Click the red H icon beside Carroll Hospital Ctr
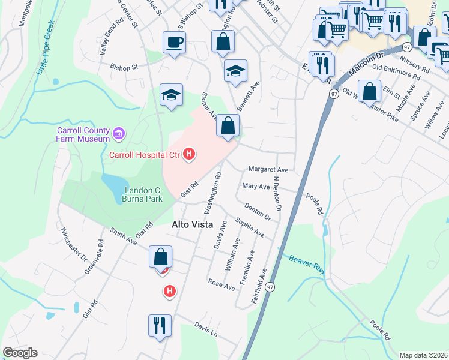pyautogui.click(x=190, y=155)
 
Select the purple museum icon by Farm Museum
pyautogui.click(x=119, y=132)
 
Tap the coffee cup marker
pyautogui.click(x=174, y=43)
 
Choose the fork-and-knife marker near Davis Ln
pyautogui.click(x=160, y=326)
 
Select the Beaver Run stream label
pyautogui.click(x=306, y=264)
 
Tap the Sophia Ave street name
pyautogui.click(x=250, y=227)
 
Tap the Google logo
pyautogui.click(x=20, y=353)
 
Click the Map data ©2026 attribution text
pyautogui.click(x=424, y=355)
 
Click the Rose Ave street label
pyautogui.click(x=221, y=283)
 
